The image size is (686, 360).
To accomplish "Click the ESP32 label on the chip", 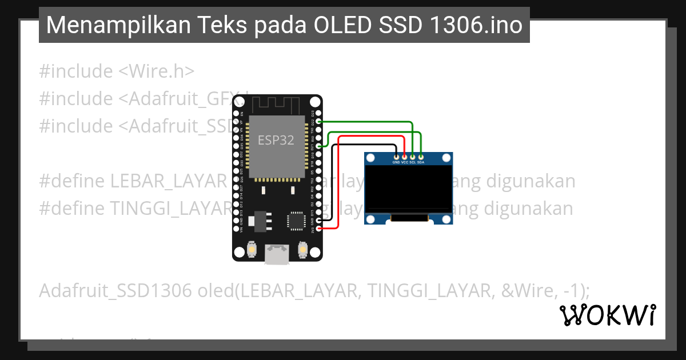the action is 276,140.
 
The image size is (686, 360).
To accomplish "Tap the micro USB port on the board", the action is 277,254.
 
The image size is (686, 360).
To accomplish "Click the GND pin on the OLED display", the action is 396,156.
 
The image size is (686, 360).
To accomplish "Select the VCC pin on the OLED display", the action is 405,156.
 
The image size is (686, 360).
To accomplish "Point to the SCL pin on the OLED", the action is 413,156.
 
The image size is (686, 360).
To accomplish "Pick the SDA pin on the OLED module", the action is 421,156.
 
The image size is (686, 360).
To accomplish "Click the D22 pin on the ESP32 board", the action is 319,121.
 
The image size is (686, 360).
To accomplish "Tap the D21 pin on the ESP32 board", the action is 319,146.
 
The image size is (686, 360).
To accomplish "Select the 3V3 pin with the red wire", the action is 319,229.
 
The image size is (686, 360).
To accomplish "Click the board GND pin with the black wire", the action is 319,220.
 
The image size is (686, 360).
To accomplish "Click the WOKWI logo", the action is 607,315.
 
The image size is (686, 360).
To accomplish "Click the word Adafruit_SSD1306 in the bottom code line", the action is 115,290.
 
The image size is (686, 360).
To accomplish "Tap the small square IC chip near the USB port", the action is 297,220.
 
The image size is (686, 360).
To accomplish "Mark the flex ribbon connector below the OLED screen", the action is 409,217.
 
